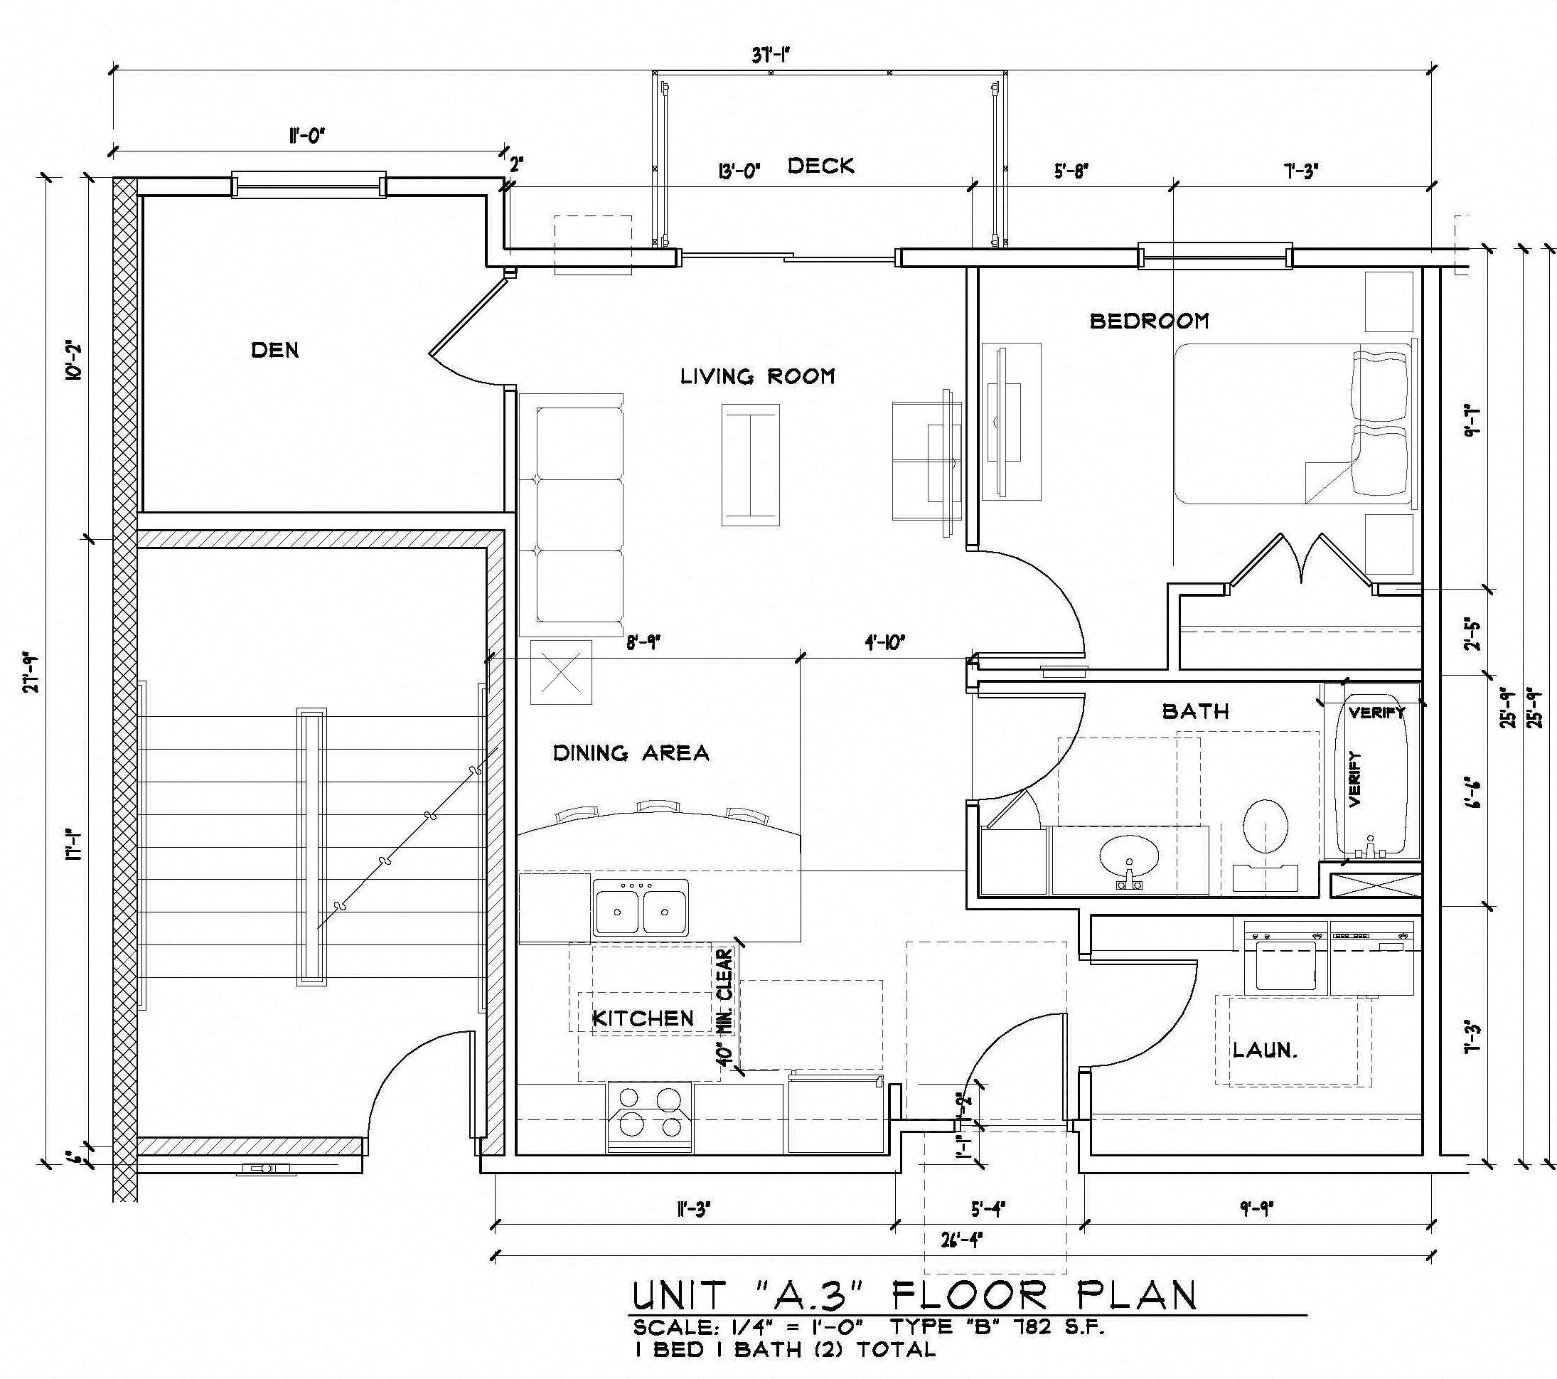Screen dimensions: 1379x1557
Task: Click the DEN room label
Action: (x=275, y=351)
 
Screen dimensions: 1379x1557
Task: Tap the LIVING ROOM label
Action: (x=757, y=376)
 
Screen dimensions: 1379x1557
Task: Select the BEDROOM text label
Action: (x=1149, y=321)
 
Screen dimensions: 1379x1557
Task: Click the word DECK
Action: (x=820, y=166)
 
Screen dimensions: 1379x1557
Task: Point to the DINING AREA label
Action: (x=631, y=753)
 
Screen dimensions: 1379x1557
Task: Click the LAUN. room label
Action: (x=1265, y=1050)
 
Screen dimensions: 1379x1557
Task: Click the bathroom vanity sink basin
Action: (x=1129, y=858)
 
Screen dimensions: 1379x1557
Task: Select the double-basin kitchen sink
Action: (x=641, y=909)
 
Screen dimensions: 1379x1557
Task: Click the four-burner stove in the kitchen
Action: (x=650, y=1117)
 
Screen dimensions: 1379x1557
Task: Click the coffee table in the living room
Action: (x=751, y=464)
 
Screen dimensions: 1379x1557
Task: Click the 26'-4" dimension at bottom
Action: (x=961, y=1239)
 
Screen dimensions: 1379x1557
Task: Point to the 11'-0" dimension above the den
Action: (x=306, y=137)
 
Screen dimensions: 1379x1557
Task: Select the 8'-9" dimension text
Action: (x=643, y=643)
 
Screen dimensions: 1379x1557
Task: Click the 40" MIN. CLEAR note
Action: (x=725, y=1006)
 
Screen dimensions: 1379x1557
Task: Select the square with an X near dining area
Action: (x=561, y=673)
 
